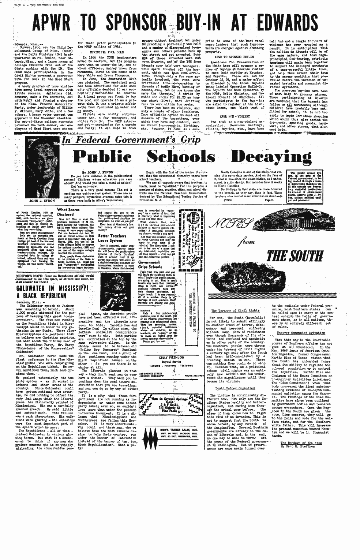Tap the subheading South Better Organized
point(235,388)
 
